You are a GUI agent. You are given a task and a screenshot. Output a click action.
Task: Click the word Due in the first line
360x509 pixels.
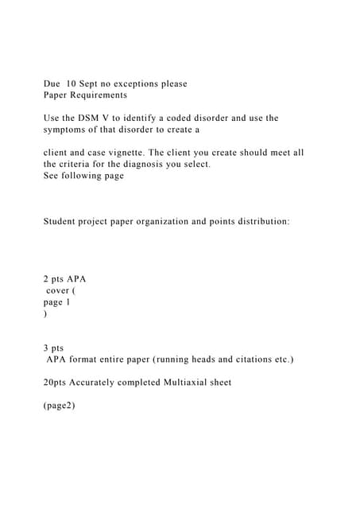tap(52, 84)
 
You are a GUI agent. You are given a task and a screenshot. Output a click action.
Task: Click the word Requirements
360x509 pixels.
tap(99, 95)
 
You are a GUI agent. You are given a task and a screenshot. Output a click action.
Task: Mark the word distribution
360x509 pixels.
tap(257, 221)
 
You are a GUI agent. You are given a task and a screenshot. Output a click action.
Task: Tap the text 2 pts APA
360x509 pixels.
tap(64, 279)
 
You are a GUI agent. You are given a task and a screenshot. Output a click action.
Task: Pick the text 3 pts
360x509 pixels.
tap(53, 348)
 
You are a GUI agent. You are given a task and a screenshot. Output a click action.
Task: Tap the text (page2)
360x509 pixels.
tap(59, 406)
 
